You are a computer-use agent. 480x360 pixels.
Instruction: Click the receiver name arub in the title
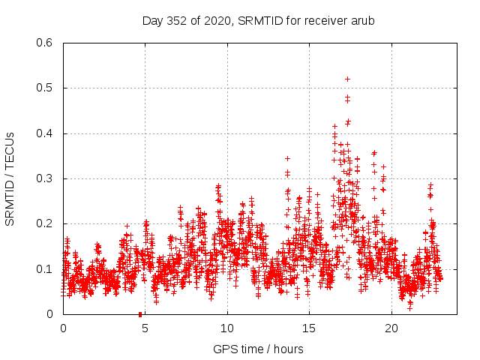pyautogui.click(x=361, y=21)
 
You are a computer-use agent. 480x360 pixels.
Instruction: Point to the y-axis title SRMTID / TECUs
pyautogui.click(x=10, y=178)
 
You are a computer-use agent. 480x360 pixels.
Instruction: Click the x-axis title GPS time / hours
pyautogui.click(x=258, y=349)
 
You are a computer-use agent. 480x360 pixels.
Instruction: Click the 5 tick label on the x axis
pyautogui.click(x=145, y=328)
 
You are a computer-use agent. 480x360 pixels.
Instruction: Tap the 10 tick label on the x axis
pyautogui.click(x=227, y=328)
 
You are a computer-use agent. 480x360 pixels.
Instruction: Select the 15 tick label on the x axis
pyautogui.click(x=309, y=328)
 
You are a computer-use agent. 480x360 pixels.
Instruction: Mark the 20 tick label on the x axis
pyautogui.click(x=391, y=328)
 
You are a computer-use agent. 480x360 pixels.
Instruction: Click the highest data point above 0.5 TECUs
pyautogui.click(x=347, y=79)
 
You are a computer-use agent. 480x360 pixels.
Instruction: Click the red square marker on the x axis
pyautogui.click(x=140, y=313)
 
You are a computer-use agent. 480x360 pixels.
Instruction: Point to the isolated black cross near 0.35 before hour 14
pyautogui.click(x=287, y=158)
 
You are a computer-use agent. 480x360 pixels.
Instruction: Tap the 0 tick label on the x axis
pyautogui.click(x=63, y=328)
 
